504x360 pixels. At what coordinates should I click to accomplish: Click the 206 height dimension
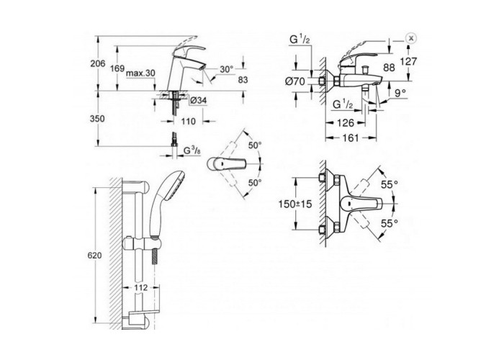[x=98, y=63]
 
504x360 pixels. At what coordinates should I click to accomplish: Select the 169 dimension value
[x=117, y=68]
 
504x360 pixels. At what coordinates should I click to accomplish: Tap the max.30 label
[x=140, y=73]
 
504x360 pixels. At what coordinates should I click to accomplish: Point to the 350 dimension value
[x=97, y=119]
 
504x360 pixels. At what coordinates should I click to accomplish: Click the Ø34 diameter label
[x=199, y=101]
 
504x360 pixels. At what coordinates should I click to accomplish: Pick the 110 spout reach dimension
[x=188, y=122]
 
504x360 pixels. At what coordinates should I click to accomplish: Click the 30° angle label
[x=227, y=69]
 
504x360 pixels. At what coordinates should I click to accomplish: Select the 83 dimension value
[x=243, y=80]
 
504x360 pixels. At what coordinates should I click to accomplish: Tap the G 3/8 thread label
[x=192, y=150]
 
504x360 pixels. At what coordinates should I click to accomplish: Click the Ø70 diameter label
[x=294, y=81]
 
